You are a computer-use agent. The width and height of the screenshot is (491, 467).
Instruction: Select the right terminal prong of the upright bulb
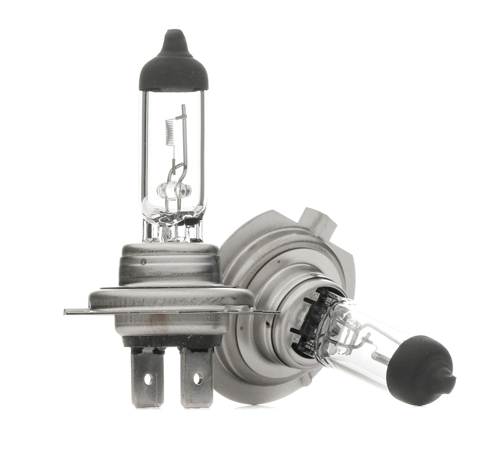(197, 377)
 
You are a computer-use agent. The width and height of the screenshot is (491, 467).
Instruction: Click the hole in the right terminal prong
(198, 377)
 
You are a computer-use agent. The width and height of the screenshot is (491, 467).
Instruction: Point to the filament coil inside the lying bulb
(381, 358)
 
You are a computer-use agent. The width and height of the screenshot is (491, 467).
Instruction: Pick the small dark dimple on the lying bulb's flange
(267, 324)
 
